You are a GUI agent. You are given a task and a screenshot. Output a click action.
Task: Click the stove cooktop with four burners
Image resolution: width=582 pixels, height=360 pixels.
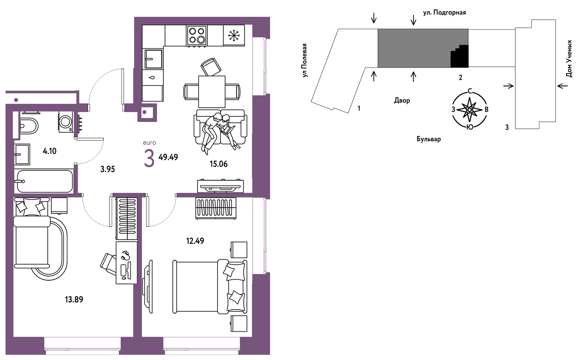click(x=196, y=35)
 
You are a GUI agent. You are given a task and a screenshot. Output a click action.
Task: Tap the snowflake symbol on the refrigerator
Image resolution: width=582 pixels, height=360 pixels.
click(x=234, y=35)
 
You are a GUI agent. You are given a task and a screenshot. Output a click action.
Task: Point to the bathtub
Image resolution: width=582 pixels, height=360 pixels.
click(x=44, y=182)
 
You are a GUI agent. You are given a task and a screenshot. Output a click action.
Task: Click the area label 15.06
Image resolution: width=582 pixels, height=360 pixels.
click(x=219, y=164)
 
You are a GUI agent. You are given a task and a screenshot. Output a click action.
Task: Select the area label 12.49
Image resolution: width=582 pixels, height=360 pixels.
click(x=195, y=241)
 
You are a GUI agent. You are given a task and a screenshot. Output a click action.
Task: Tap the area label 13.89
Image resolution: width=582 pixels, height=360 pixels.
click(x=74, y=299)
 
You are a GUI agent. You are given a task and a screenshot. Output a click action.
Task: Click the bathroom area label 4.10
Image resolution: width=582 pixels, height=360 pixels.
click(x=50, y=151)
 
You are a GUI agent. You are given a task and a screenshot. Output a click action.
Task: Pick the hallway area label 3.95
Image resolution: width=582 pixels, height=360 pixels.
click(x=108, y=169)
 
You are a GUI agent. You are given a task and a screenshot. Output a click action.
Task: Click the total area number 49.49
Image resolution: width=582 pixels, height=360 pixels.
click(x=168, y=157)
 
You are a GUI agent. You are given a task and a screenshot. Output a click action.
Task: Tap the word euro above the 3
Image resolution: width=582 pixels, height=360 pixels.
click(x=149, y=143)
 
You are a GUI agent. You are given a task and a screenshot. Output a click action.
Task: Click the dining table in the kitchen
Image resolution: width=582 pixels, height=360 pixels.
click(x=212, y=91)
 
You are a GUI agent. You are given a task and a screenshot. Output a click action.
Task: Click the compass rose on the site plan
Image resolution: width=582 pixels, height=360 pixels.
click(x=470, y=109)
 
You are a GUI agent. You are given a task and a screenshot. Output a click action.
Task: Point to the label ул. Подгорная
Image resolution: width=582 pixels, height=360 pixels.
click(x=445, y=13)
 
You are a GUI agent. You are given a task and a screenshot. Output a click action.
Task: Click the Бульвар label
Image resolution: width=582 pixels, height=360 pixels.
click(x=429, y=139)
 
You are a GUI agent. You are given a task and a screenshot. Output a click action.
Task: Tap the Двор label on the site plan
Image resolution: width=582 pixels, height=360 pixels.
click(x=402, y=100)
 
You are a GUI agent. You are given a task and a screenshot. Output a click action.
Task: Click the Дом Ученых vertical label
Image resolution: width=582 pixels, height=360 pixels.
click(x=569, y=59)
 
